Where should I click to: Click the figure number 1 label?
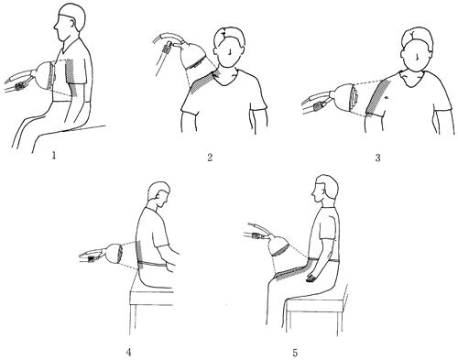54,156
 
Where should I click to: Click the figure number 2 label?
210,158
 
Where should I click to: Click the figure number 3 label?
378,158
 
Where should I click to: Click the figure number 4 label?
128,352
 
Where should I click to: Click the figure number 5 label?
295,353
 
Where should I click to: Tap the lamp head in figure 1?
45,75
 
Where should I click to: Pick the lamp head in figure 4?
114,253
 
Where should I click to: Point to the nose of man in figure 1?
55,27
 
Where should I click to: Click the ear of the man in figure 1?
72,23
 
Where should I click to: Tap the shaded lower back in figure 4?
139,255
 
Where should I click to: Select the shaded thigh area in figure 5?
290,272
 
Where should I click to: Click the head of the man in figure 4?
158,193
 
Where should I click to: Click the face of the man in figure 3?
418,58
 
